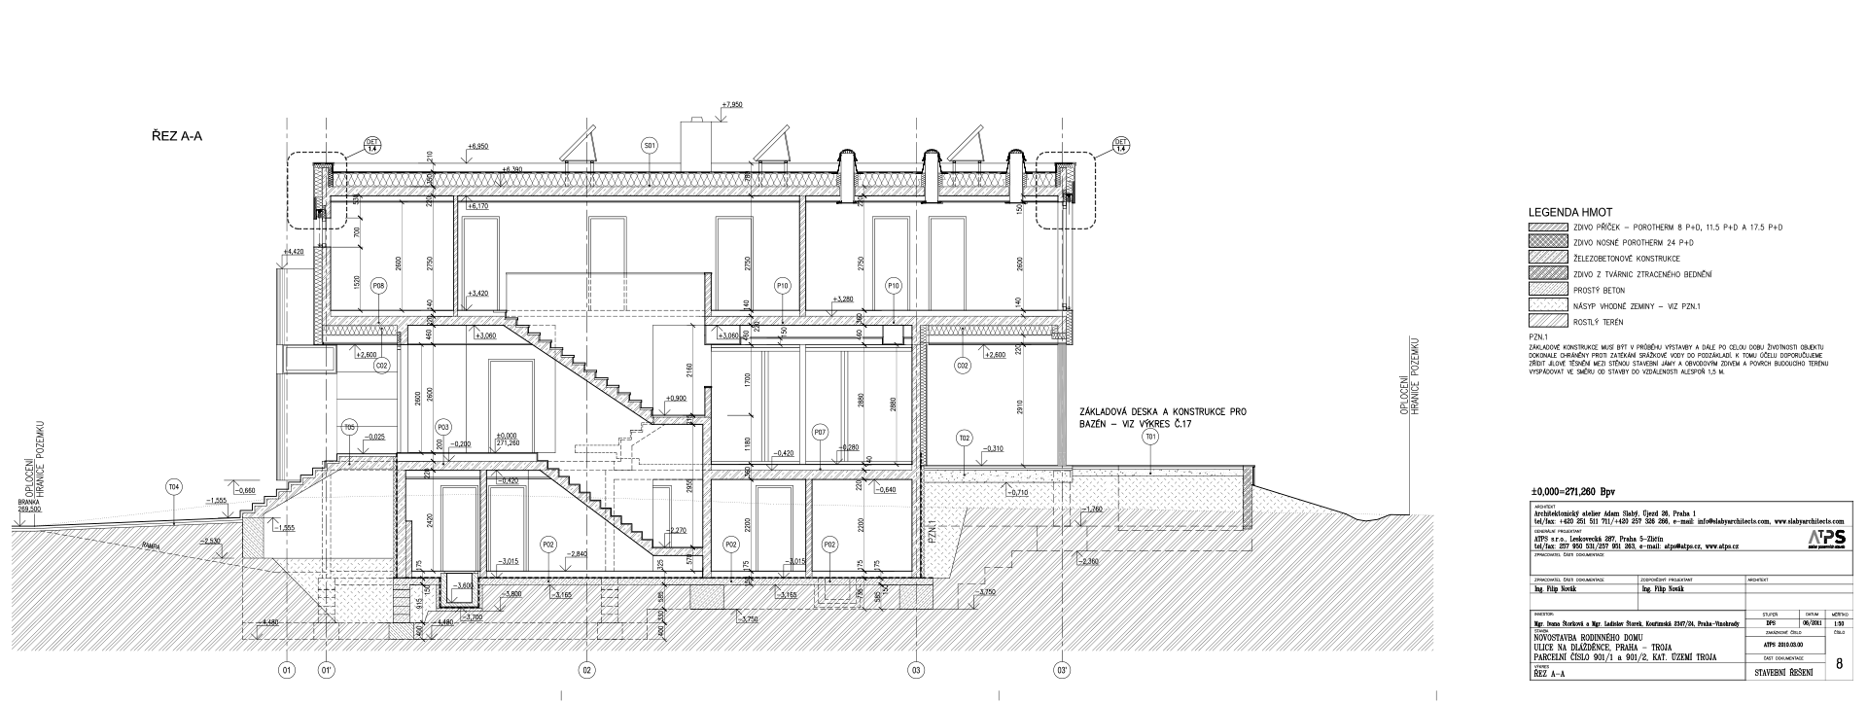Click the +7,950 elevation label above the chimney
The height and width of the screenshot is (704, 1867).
click(732, 104)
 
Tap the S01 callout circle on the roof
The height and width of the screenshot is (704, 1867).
click(650, 146)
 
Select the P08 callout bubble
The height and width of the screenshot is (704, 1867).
click(378, 286)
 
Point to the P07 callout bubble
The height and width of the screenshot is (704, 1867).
click(820, 431)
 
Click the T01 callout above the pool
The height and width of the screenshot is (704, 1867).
click(1150, 438)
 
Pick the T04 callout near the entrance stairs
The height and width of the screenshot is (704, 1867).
click(174, 486)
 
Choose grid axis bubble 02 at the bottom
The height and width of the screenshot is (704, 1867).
click(586, 670)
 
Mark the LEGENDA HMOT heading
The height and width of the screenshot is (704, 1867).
click(1570, 212)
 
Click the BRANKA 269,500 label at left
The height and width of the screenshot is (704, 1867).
click(28, 506)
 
